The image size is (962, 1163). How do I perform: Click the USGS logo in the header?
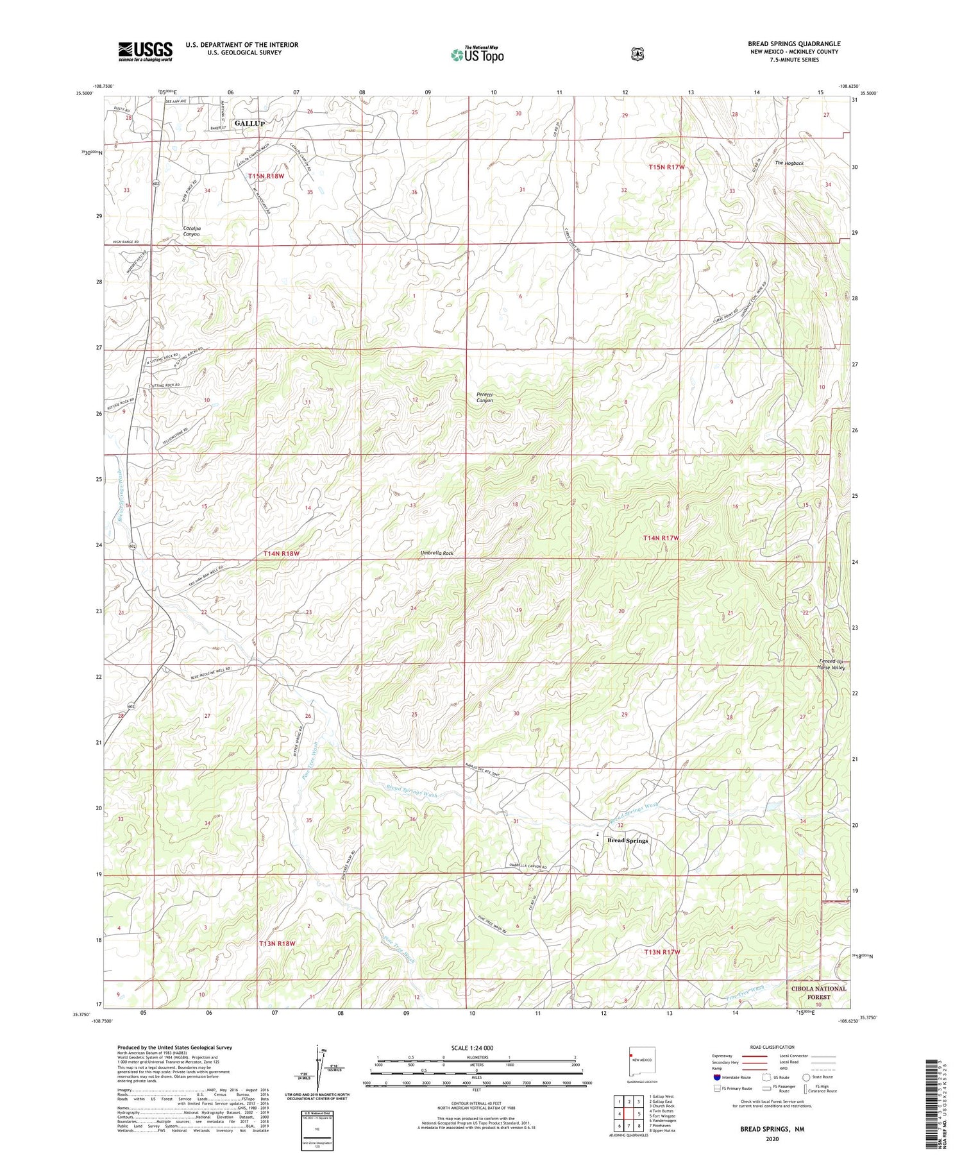[x=145, y=51]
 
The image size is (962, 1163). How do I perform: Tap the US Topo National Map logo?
[x=477, y=54]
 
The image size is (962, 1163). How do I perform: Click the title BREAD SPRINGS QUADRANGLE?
[x=793, y=44]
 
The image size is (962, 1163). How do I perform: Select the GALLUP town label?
[x=249, y=123]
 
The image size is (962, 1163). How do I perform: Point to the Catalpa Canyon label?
[x=191, y=231]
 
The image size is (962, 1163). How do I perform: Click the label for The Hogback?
[x=789, y=163]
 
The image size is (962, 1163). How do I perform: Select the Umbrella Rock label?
[x=437, y=553]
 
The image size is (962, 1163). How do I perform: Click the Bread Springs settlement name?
[x=627, y=840]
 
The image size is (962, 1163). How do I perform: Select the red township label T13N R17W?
[x=662, y=952]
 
